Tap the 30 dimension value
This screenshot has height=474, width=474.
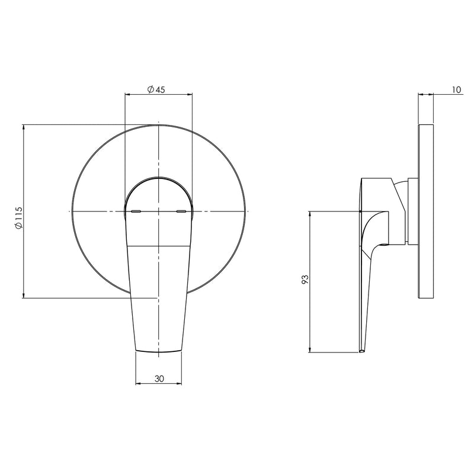158,378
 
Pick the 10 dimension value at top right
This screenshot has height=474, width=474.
456,89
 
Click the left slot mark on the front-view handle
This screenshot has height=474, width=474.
136,210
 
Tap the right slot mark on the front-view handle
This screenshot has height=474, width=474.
181,210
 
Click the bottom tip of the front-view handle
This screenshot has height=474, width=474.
158,352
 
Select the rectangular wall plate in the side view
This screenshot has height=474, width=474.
426,212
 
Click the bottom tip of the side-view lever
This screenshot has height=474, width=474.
361,351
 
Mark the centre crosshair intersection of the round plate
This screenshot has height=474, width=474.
158,211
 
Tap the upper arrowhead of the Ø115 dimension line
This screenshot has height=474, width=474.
23,127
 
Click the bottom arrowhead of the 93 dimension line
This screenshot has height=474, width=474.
310,350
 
